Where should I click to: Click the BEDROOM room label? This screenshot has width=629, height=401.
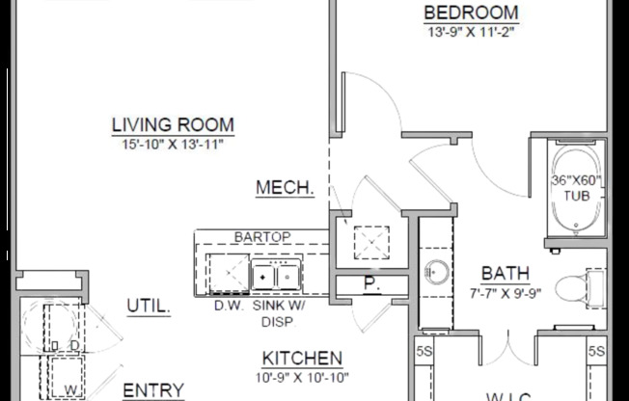(x=472, y=13)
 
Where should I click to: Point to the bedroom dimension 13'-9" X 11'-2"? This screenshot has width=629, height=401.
(x=472, y=31)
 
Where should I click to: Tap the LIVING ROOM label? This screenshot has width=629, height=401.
(x=173, y=124)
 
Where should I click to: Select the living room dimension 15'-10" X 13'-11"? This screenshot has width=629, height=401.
(x=173, y=144)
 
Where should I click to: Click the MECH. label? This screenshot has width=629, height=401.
(x=285, y=188)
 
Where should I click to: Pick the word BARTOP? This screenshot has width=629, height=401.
(x=262, y=236)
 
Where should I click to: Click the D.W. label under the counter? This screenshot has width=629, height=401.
(x=229, y=306)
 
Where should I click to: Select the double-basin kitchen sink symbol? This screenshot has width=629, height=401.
(x=276, y=277)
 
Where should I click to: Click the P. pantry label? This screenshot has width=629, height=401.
(x=369, y=284)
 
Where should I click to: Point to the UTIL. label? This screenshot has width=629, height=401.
(x=149, y=307)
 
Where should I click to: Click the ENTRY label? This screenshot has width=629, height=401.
(x=153, y=389)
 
